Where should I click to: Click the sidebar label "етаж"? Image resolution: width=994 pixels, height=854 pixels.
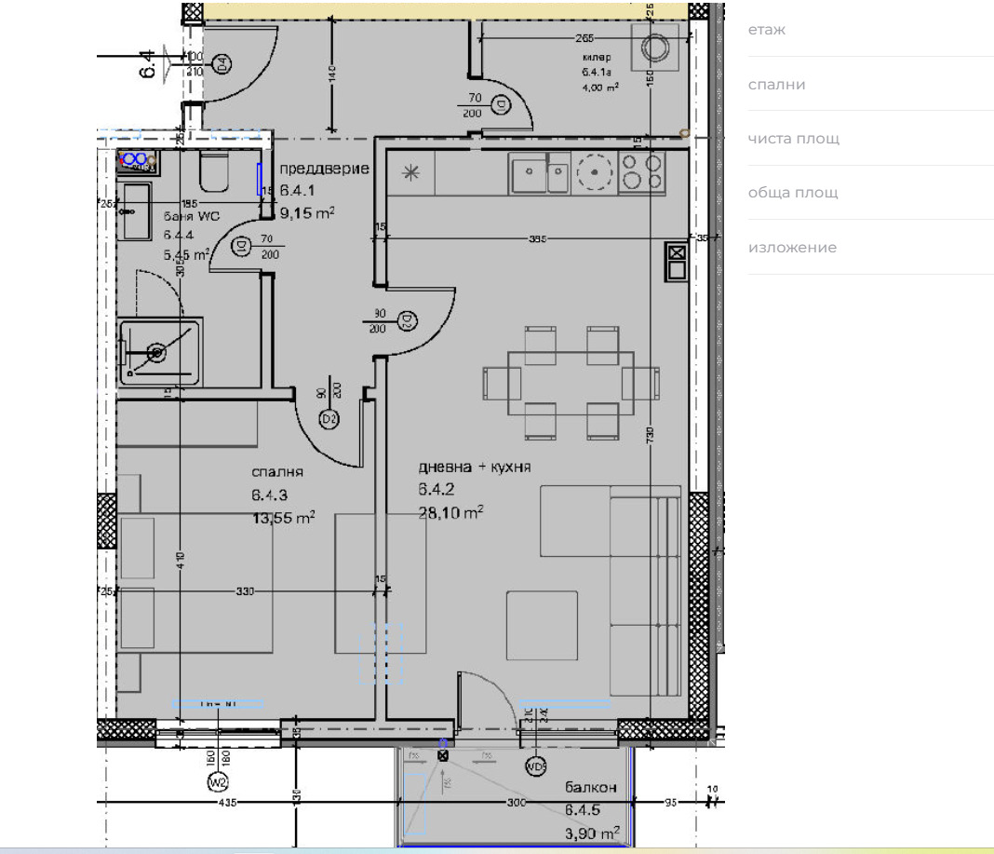[767, 30]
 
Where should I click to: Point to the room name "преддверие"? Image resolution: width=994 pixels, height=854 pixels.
[325, 169]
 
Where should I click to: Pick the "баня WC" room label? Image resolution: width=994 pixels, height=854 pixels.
[192, 216]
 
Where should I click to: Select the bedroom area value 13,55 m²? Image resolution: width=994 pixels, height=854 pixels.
[281, 519]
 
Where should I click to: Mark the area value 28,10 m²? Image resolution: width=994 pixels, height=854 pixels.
[451, 512]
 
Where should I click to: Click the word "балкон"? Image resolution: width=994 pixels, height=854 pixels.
[590, 788]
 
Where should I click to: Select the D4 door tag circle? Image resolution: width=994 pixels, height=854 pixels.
[222, 64]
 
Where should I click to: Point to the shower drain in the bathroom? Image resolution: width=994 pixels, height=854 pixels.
[156, 352]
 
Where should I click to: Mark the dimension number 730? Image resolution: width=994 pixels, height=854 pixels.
[651, 434]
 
